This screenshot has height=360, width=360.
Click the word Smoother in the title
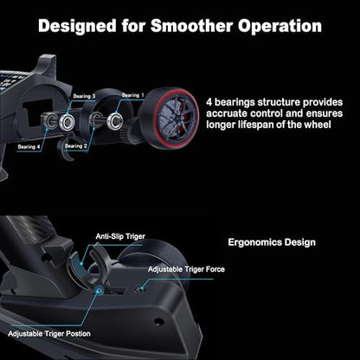192,26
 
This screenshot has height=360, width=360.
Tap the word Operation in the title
280,27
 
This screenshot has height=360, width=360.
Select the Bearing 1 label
132,95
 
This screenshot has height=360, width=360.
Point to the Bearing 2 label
76,146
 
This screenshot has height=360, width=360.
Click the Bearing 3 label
84,96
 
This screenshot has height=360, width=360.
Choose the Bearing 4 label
29,147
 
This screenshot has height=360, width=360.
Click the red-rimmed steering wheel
169,119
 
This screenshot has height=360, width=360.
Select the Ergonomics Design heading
272,242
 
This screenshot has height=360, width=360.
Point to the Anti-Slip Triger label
120,236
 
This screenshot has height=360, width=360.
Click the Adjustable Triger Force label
186,269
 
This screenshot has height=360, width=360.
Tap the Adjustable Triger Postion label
49,334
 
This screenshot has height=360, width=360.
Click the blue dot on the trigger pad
81,263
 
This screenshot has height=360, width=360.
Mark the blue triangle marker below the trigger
100,291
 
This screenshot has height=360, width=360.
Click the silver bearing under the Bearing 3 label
67,122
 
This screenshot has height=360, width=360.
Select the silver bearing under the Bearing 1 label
115,120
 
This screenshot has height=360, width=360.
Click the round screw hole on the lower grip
158,322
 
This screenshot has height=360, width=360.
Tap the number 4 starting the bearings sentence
209,102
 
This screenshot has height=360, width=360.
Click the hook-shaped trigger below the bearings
67,147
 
